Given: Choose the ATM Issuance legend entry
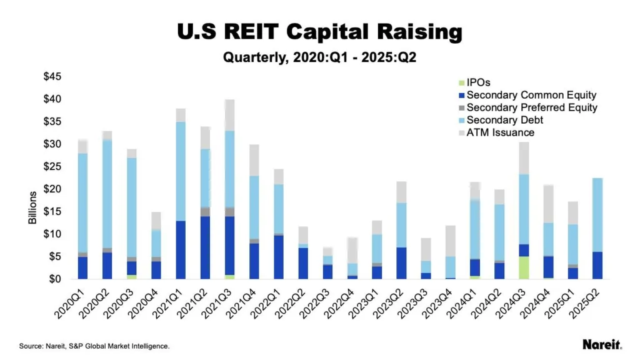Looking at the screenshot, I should pyautogui.click(x=501, y=132).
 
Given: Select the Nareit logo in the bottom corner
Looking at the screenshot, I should pyautogui.click(x=601, y=344).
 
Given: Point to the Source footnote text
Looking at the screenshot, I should pyautogui.click(x=94, y=346).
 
